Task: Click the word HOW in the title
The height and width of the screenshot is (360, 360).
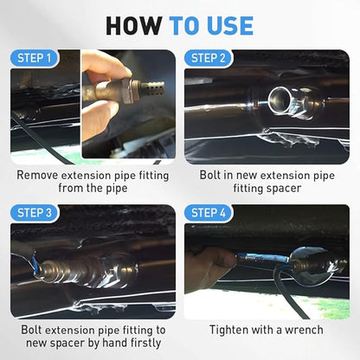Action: pyautogui.click(x=133, y=26)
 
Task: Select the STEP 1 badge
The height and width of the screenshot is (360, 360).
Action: pyautogui.click(x=35, y=58)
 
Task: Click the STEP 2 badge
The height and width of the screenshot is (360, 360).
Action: pyautogui.click(x=208, y=58)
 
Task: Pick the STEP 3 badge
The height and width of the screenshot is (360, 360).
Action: pyautogui.click(x=35, y=213)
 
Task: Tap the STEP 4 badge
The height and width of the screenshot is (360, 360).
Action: pyautogui.click(x=208, y=213)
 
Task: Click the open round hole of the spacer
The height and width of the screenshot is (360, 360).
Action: pyautogui.click(x=279, y=100)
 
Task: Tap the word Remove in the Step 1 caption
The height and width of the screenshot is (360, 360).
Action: pyautogui.click(x=37, y=176)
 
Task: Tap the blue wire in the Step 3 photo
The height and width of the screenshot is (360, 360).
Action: pyautogui.click(x=34, y=264)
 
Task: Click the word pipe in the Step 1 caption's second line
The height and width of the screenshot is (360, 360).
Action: pyautogui.click(x=116, y=190)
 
